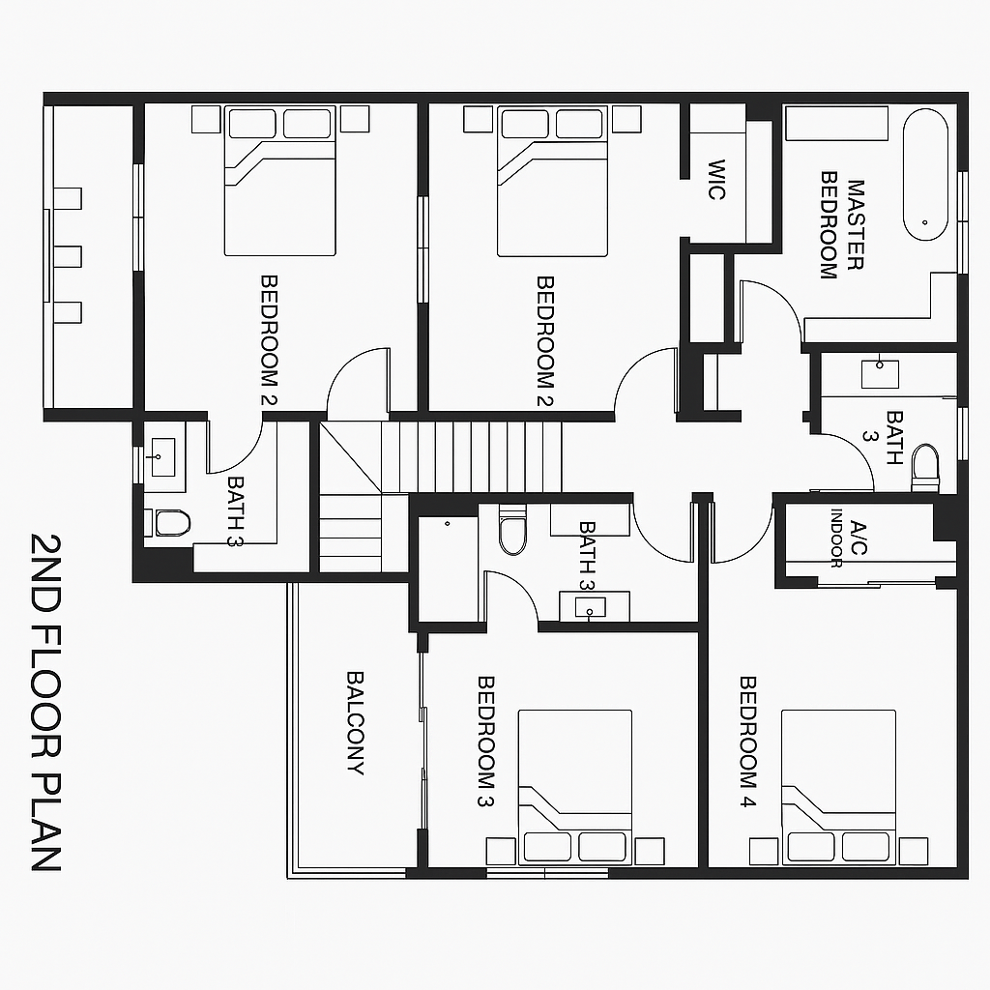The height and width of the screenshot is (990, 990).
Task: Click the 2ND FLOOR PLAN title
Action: [46, 701]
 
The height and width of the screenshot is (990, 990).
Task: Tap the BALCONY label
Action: [355, 723]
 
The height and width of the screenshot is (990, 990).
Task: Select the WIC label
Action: [716, 180]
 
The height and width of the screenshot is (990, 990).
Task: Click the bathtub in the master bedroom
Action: [926, 174]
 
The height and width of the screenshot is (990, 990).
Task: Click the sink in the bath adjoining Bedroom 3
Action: [589, 607]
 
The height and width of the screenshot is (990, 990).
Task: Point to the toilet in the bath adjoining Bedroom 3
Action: [512, 533]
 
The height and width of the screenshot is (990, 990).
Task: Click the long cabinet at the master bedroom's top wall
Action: [836, 123]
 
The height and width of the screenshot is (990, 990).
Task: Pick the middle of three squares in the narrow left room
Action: [68, 256]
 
